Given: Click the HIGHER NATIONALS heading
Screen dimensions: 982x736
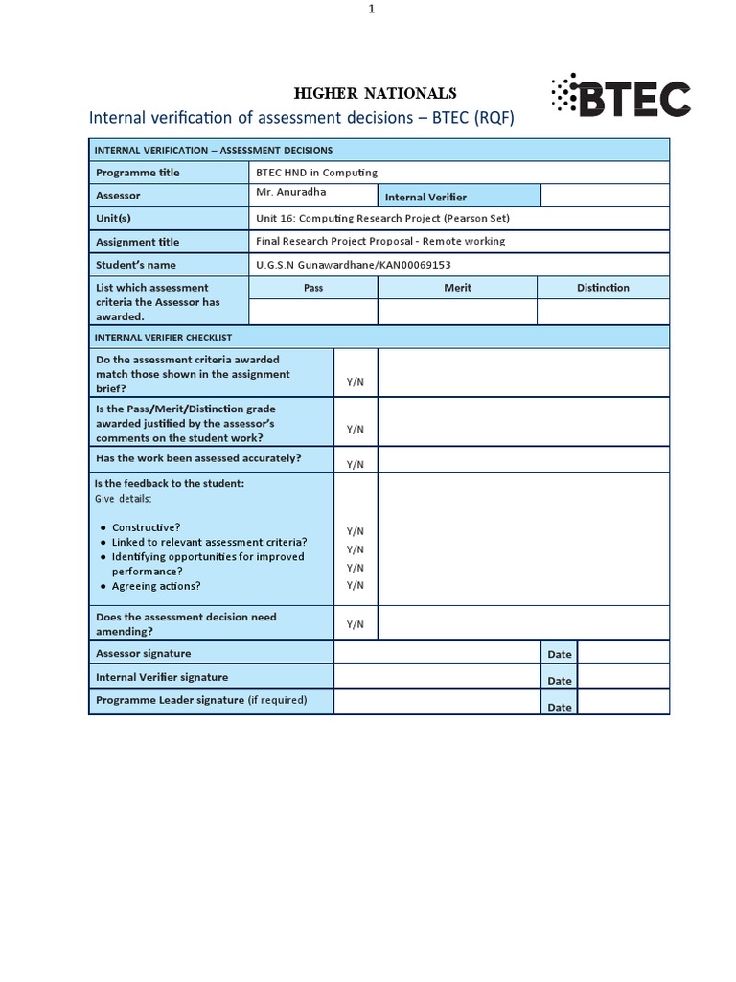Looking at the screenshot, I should pyautogui.click(x=374, y=93).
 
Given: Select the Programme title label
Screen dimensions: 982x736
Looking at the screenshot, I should pyautogui.click(x=138, y=173).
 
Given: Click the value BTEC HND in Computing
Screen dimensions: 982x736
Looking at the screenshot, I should pyautogui.click(x=316, y=173).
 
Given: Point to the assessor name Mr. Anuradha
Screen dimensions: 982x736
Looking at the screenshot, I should pyautogui.click(x=291, y=192).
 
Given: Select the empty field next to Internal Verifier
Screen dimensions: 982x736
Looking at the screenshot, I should pyautogui.click(x=604, y=196).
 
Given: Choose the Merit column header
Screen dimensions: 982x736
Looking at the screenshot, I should pyautogui.click(x=457, y=288).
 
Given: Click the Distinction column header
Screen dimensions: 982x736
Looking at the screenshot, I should pyautogui.click(x=603, y=288).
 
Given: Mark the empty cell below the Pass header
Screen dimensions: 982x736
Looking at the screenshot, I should pyautogui.click(x=313, y=312).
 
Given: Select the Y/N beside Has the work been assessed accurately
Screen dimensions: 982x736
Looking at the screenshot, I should pyautogui.click(x=356, y=464).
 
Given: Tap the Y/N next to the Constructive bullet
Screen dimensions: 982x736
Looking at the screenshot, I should pyautogui.click(x=356, y=531).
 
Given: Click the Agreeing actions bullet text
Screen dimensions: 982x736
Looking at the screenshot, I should pyautogui.click(x=156, y=586).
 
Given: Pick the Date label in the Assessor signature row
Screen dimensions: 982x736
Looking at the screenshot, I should pyautogui.click(x=559, y=654).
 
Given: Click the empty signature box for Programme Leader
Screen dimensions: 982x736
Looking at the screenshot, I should pyautogui.click(x=437, y=702).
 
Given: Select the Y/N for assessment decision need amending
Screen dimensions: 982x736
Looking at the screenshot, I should pyautogui.click(x=356, y=624).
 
